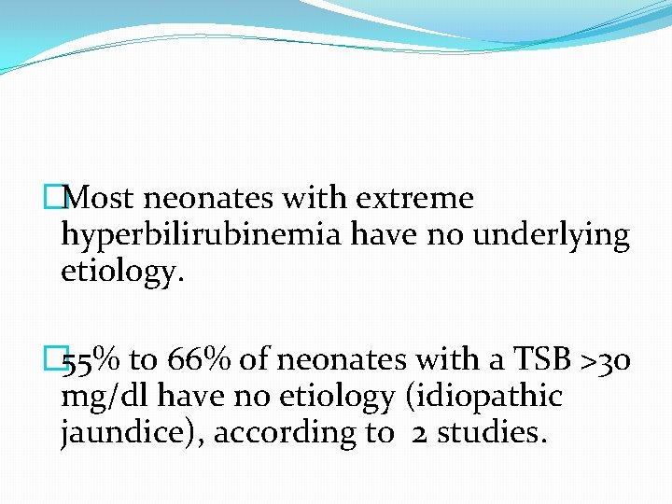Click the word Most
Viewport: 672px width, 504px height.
[101, 199]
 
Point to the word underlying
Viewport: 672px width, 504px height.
[552, 236]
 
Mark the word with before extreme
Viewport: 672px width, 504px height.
[315, 199]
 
